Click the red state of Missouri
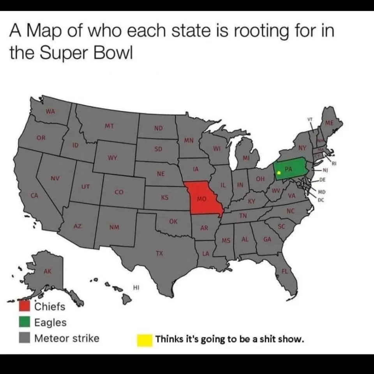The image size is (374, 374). click(203, 199)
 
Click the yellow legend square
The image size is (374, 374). click(144, 340)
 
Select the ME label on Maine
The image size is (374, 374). click(330, 123)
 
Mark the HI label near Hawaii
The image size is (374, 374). click(136, 288)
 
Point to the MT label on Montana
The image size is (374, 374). click(109, 126)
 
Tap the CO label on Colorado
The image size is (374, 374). click(119, 192)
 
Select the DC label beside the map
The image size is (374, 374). click(321, 200)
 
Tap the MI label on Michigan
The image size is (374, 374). click(246, 158)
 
